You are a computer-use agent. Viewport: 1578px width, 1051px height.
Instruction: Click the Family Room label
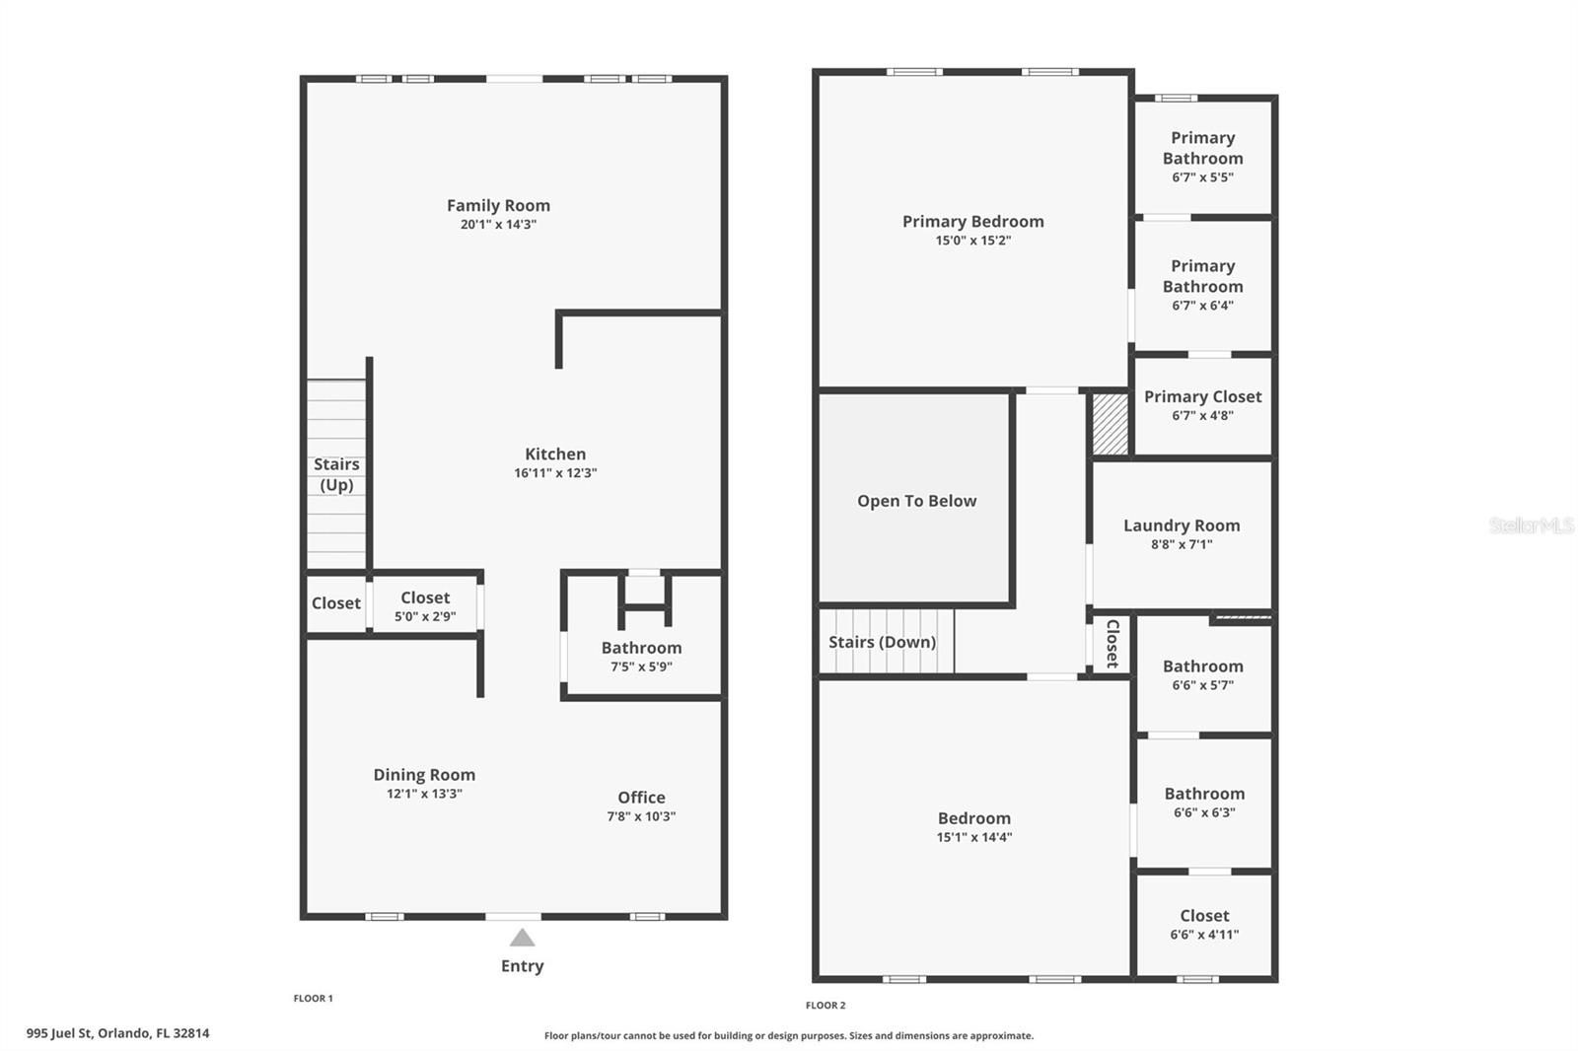click(498, 205)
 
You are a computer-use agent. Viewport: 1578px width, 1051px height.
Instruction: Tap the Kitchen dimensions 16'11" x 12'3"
click(555, 473)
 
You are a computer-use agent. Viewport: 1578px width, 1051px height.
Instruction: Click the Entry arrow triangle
click(522, 938)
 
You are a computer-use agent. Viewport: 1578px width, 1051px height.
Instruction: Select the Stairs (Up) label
click(336, 474)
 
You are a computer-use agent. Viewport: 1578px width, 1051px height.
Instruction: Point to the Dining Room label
click(424, 775)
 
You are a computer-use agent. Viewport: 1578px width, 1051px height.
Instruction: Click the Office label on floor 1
click(641, 798)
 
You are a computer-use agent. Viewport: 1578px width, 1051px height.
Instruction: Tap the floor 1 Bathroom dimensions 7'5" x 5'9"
click(641, 666)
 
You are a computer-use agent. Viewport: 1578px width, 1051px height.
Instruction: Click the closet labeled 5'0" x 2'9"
click(425, 606)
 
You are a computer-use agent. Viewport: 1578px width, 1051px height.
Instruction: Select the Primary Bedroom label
click(972, 221)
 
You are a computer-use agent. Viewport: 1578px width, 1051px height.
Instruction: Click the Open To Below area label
click(916, 501)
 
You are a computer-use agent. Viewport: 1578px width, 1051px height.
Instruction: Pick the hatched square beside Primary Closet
click(1110, 424)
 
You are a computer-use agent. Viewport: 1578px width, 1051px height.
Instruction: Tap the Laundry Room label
click(1182, 525)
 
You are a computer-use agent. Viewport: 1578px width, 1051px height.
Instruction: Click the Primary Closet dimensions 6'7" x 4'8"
click(1202, 415)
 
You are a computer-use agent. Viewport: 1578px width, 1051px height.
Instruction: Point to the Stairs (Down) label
click(882, 642)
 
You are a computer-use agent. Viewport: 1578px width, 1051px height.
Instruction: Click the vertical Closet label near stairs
click(1112, 644)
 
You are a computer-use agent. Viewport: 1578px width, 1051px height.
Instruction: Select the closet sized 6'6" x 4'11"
click(1204, 925)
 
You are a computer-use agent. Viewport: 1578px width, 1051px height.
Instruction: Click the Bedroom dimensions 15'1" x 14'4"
click(974, 837)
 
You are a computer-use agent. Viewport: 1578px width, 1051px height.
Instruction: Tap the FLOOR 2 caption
click(825, 1006)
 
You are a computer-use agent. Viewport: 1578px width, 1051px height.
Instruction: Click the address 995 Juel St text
click(117, 1033)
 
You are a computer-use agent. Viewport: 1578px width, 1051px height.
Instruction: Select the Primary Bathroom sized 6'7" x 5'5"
click(1202, 157)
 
